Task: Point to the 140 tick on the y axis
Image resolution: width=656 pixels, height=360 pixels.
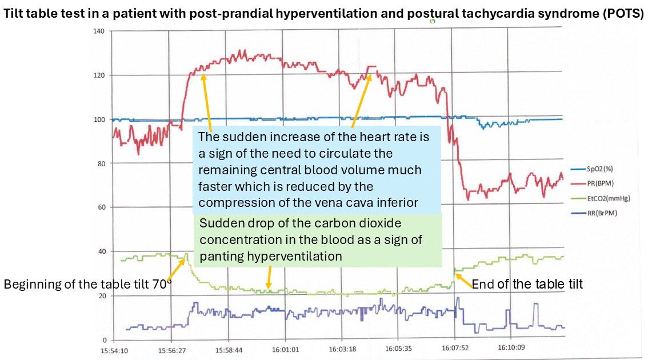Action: [x=99, y=31]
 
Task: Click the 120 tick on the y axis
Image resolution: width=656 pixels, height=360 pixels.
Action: [x=99, y=75]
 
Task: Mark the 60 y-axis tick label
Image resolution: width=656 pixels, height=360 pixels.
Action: [x=101, y=207]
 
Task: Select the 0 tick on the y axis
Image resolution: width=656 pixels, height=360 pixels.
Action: [x=103, y=339]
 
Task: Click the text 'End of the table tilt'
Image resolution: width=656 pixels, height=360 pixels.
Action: [x=527, y=283]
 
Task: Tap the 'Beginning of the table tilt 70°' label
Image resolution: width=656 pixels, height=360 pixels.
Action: [x=88, y=284]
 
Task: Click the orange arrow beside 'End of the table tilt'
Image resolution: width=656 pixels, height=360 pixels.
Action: [x=463, y=279]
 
